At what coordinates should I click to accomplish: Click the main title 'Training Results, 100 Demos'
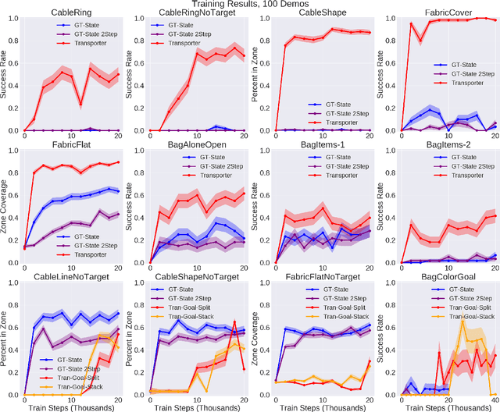click(250, 5)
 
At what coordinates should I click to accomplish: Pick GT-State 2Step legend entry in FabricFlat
click(90, 222)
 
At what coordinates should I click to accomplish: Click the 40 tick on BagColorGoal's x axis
click(491, 395)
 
